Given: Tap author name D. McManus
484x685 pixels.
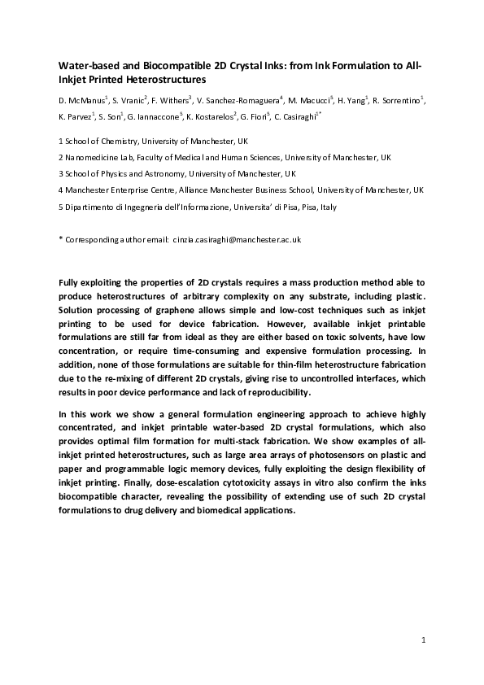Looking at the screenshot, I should tap(84, 100).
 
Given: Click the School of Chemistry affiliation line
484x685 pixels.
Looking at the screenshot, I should tap(135, 141).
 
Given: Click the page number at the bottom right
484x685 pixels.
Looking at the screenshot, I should tap(423, 642).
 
